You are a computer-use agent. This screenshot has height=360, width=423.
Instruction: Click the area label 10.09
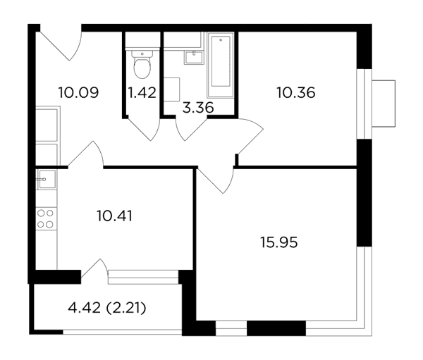coord(78,92)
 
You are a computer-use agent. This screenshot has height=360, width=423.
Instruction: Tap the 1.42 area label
coord(142,92)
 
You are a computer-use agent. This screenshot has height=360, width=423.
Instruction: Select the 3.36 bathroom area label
coord(198,108)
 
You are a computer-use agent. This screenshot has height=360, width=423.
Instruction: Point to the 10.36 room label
coord(296,92)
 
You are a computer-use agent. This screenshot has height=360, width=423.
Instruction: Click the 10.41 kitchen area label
coord(115,216)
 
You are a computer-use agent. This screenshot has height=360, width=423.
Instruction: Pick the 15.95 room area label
coord(279,242)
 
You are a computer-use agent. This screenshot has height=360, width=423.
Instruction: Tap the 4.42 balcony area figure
coord(84,308)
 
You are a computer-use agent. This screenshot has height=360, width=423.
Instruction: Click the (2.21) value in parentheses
coord(126,308)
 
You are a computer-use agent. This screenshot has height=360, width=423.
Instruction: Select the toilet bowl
coord(142,64)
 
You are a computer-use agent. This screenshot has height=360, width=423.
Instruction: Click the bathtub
coord(221,65)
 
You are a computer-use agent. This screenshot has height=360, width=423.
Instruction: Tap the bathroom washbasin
coord(193,58)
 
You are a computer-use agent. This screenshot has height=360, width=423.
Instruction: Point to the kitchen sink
coord(47,180)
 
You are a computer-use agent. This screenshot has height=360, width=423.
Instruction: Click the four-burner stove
coord(47,218)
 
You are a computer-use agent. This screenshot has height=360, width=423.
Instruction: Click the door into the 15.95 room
coord(216,180)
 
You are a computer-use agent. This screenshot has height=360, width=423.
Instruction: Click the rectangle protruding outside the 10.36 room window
coord(384,104)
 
